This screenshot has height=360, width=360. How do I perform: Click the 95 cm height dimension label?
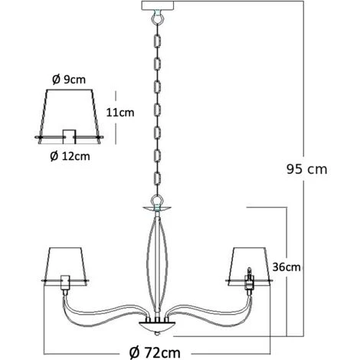tap(306, 169)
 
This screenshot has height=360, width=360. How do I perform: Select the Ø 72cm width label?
tap(155, 353)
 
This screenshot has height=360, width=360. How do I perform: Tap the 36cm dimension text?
tap(286, 267)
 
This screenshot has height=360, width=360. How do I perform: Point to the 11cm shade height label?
tap(120, 113)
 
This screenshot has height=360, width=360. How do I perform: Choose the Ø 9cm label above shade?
tap(69, 80)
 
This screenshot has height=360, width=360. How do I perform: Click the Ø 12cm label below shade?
tap(70, 156)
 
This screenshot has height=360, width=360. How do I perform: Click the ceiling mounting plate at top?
tap(158, 5)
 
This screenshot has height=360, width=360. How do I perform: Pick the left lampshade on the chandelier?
tap(65, 265)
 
